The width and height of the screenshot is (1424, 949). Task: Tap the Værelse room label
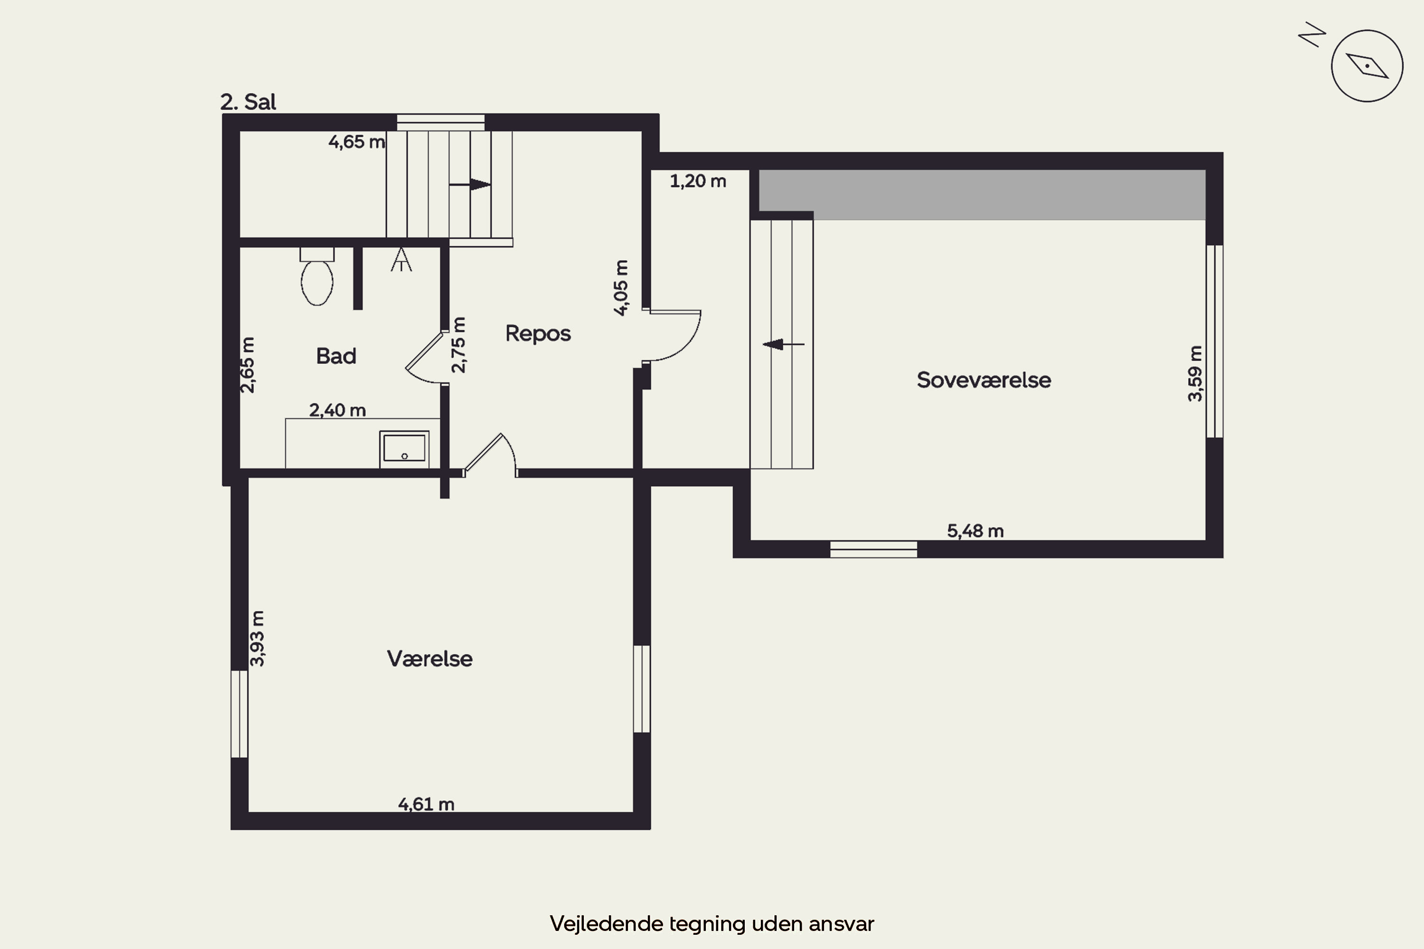pyautogui.click(x=429, y=659)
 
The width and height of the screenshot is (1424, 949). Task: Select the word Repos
pyautogui.click(x=538, y=334)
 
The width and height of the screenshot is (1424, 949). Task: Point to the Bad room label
pyautogui.click(x=336, y=356)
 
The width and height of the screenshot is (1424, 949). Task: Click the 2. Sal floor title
pyautogui.click(x=248, y=102)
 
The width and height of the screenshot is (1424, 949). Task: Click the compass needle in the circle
pyautogui.click(x=1367, y=65)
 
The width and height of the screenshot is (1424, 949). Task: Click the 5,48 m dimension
pyautogui.click(x=975, y=531)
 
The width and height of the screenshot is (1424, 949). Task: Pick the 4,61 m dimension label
pyautogui.click(x=426, y=804)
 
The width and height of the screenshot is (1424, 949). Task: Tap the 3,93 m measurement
pyautogui.click(x=257, y=639)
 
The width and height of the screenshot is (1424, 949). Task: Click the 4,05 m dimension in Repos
pyautogui.click(x=621, y=288)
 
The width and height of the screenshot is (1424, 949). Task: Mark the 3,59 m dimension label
pyautogui.click(x=1195, y=373)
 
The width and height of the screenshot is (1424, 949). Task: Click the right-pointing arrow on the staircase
pyautogui.click(x=470, y=184)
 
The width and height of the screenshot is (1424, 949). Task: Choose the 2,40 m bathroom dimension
pyautogui.click(x=337, y=410)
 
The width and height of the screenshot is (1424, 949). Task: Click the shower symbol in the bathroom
pyautogui.click(x=401, y=260)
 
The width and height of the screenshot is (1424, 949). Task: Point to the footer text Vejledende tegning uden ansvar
pyautogui.click(x=712, y=923)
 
